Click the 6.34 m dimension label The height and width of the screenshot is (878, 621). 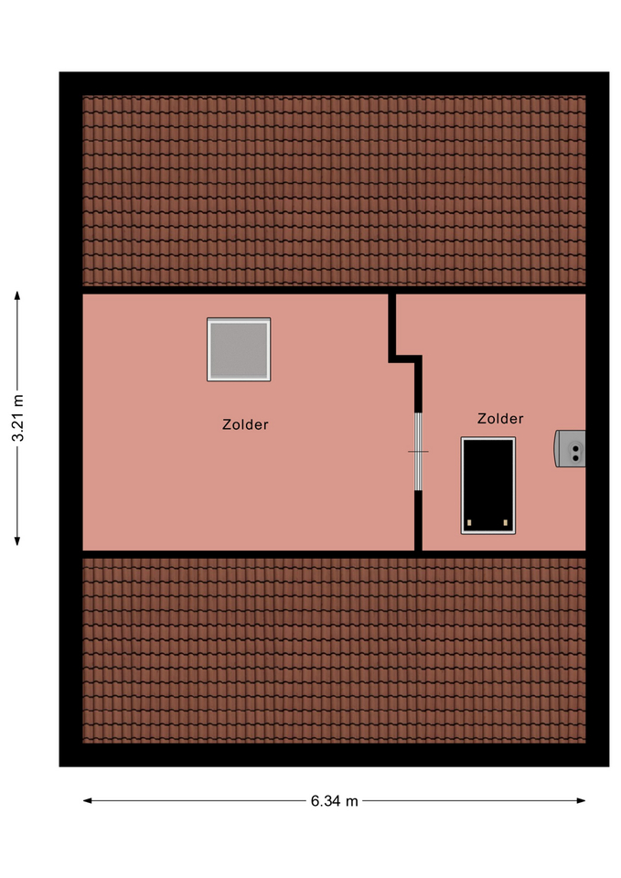[x=335, y=801]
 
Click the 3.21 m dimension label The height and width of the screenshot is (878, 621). [x=18, y=418]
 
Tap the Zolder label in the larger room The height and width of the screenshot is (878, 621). [x=245, y=424]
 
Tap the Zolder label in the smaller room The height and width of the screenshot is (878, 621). [x=500, y=418]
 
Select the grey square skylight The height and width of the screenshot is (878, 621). [x=239, y=349]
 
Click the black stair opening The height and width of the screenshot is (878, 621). [x=488, y=486]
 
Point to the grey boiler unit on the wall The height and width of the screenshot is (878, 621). [x=570, y=448]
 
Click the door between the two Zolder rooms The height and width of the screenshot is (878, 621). [x=418, y=451]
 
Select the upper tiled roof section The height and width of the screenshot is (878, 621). [x=335, y=190]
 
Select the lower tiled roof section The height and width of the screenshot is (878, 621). [x=335, y=650]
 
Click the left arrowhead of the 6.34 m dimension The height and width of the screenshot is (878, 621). [x=88, y=801]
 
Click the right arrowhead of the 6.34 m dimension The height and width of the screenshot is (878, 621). [x=582, y=801]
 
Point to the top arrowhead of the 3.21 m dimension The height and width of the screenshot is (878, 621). [x=17, y=295]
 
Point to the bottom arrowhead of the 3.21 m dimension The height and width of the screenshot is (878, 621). [x=17, y=541]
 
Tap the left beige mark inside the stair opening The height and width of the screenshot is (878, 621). [x=469, y=523]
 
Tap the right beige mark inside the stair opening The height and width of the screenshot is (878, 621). [x=506, y=523]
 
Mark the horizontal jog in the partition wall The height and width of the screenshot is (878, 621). [x=405, y=359]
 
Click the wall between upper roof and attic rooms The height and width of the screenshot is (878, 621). [x=335, y=290]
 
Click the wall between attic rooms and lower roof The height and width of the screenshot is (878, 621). [x=335, y=554]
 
